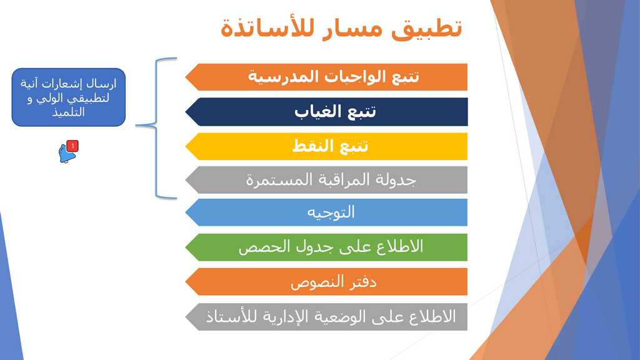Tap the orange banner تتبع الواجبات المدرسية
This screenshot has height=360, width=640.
(x=326, y=77)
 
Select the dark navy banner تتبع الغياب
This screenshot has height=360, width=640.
(x=326, y=111)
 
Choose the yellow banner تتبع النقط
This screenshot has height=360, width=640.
(x=326, y=146)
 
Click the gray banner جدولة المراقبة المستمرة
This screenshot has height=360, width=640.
(x=326, y=179)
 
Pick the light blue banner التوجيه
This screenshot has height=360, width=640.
(x=326, y=212)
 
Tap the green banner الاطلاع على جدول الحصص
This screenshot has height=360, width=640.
(x=326, y=247)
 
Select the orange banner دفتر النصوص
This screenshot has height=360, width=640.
(x=326, y=282)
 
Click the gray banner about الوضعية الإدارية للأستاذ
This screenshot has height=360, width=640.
(x=326, y=317)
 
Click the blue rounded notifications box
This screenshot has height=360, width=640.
(x=69, y=97)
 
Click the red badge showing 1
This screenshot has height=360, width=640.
(x=72, y=146)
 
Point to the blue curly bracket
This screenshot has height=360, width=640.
(x=157, y=127)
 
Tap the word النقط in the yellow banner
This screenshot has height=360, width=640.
(x=311, y=146)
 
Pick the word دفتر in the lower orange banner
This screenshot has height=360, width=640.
(x=361, y=282)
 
